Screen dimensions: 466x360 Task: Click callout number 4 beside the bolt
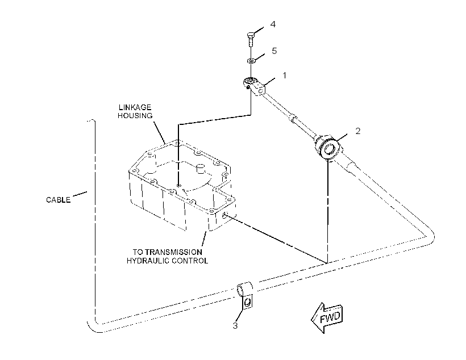[x=273, y=24]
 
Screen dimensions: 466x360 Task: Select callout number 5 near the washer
[x=274, y=51]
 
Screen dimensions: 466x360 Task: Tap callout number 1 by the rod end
[x=284, y=76]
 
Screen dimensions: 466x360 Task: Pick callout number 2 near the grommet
[x=358, y=131]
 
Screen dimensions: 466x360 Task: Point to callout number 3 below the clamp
[x=235, y=326]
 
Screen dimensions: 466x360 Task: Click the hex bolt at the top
[x=251, y=39]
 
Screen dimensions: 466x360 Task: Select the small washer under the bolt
[x=251, y=61]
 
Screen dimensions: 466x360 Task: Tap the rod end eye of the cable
[x=249, y=81]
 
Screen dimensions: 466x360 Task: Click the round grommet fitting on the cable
[x=328, y=148]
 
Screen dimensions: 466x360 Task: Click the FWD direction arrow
[x=327, y=317]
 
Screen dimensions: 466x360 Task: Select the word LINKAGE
[x=135, y=107]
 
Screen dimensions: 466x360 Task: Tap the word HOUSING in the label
[x=135, y=115]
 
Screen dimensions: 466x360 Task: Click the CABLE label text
[x=58, y=200]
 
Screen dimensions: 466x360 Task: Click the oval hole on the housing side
[x=225, y=215]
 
